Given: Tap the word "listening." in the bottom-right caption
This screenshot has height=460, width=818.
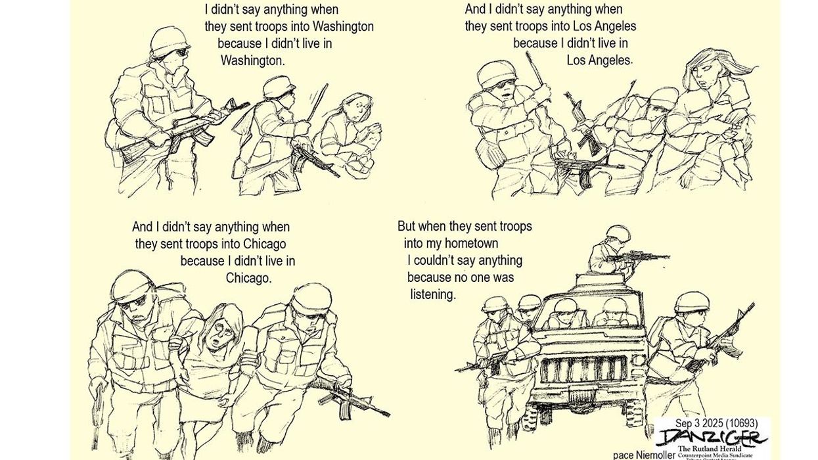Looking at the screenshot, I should tap(433, 294).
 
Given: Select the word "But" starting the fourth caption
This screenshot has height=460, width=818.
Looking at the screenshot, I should tap(407, 226).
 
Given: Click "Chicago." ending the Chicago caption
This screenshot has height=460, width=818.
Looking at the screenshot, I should tap(248, 278).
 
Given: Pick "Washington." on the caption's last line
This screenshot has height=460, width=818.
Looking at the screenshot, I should tap(252, 60).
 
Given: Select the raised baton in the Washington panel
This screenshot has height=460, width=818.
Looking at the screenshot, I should tap(317, 102).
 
